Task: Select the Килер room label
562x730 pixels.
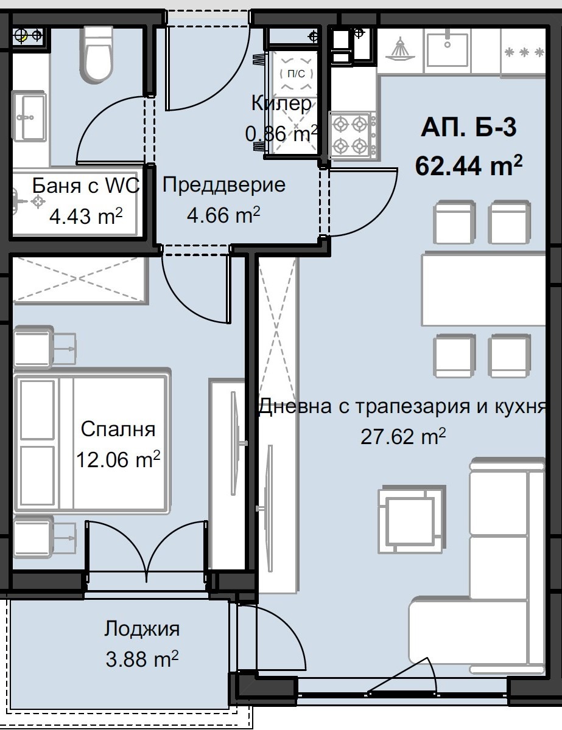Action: [x=281, y=104]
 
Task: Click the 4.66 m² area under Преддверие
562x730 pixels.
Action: [x=223, y=215]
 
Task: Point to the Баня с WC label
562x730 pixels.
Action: [x=85, y=186]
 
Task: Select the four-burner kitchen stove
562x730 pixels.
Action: [x=351, y=134]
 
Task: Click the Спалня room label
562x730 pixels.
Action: [x=118, y=429]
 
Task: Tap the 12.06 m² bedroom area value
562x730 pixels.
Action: [x=118, y=460]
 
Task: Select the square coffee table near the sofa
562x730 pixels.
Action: [x=407, y=519]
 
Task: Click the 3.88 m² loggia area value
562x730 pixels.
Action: [x=141, y=658]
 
